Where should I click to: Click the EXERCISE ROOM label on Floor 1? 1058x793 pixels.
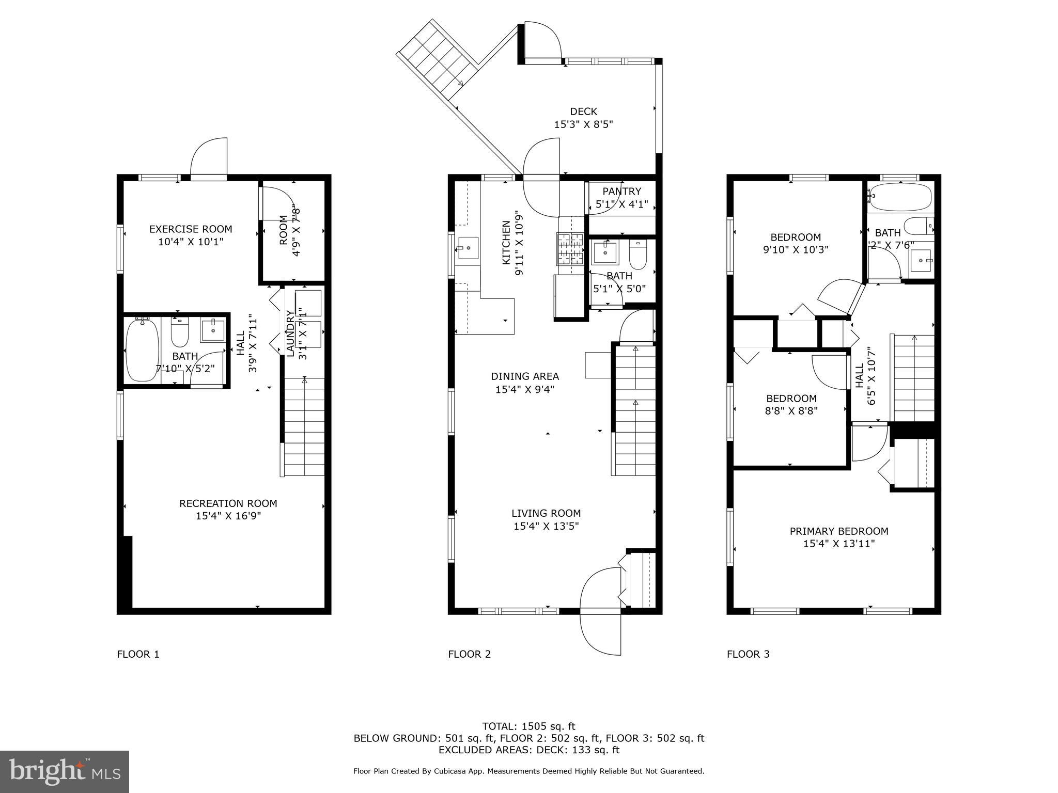191,229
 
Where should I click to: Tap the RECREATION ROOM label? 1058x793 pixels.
228,503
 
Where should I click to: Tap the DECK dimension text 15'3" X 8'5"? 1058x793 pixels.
583,124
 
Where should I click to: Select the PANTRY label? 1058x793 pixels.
621,192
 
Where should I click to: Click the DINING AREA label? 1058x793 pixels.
525,376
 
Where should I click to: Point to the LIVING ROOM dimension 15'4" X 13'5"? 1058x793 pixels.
546,526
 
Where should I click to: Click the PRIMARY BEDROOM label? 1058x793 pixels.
839,531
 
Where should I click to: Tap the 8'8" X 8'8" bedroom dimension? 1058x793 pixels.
791,411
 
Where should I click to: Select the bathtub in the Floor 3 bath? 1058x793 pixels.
899,197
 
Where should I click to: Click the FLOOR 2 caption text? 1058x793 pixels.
469,654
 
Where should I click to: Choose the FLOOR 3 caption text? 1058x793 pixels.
748,654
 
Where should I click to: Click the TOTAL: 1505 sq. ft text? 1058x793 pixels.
528,726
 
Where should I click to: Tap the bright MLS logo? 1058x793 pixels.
65,771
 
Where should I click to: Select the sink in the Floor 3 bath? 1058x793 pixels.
921,260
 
